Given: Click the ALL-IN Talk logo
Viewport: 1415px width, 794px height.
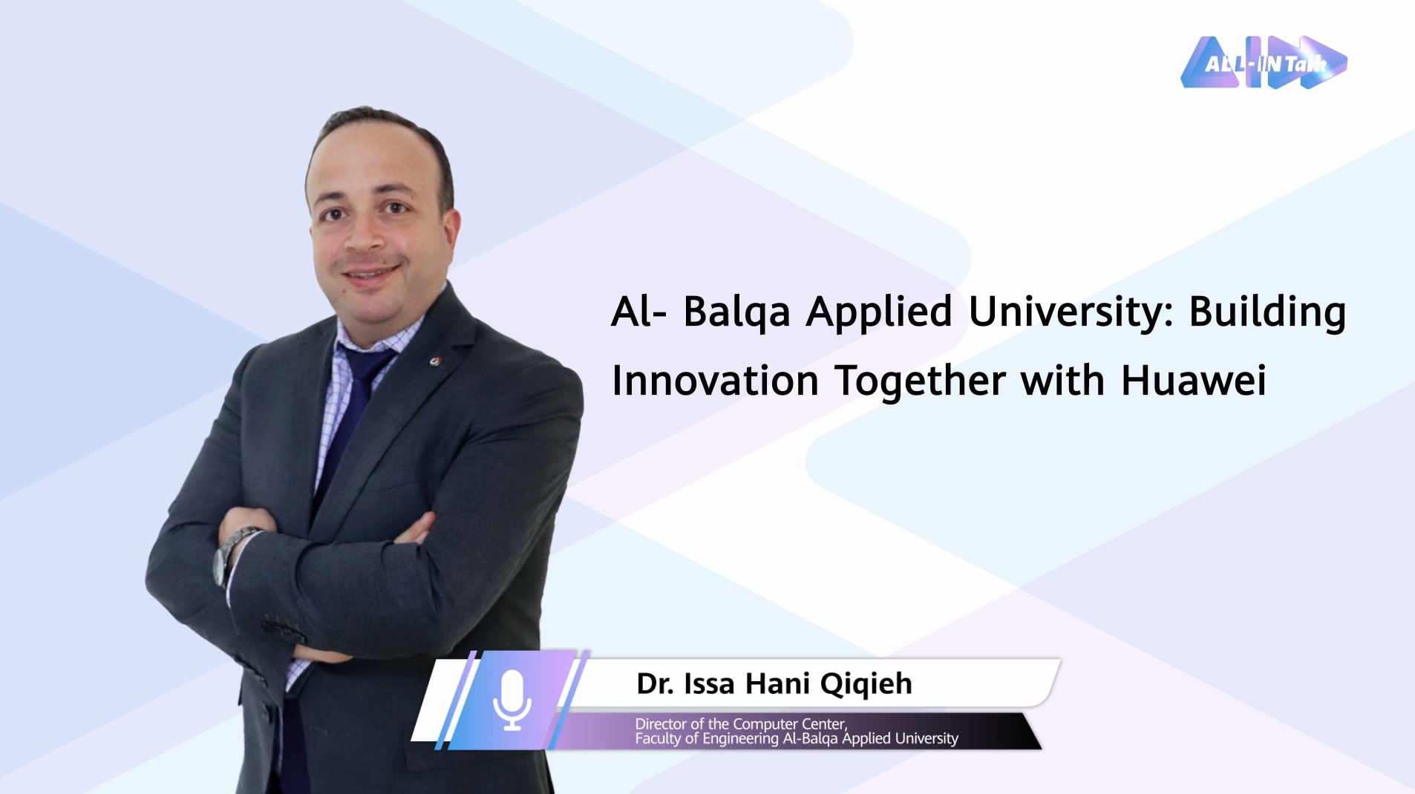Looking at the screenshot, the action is [x=1264, y=62].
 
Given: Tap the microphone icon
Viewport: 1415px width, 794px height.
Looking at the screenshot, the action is [x=512, y=701].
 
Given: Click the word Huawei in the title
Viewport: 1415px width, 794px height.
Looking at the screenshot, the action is [x=1193, y=381].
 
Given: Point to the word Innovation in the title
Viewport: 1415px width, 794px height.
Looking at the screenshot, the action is [x=715, y=381].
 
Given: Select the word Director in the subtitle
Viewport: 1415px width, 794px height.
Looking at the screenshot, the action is [x=661, y=724].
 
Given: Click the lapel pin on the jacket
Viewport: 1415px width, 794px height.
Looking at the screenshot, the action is [x=436, y=361].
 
